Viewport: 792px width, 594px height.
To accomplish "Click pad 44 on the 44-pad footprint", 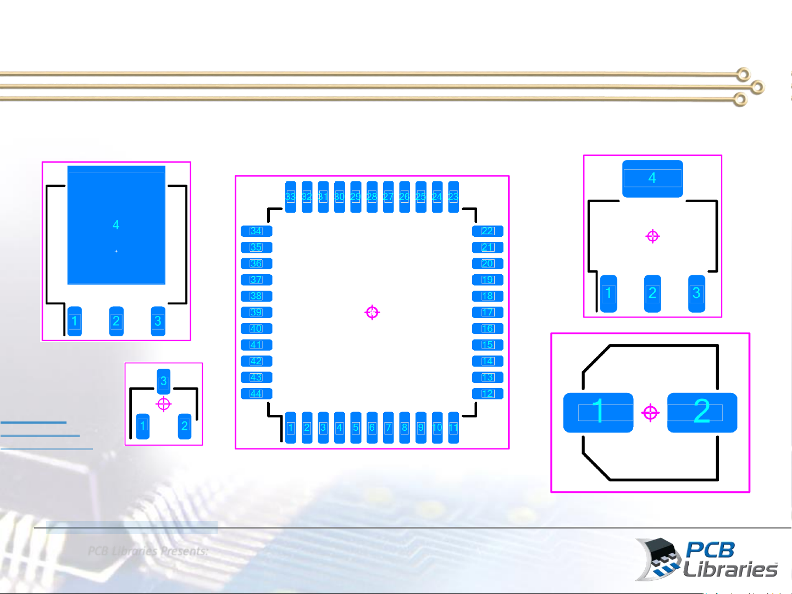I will (x=256, y=393).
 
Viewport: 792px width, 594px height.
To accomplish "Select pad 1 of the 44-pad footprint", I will (x=291, y=428).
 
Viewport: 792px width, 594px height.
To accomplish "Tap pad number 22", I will (x=488, y=231).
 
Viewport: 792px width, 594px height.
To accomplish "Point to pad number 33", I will (x=291, y=197).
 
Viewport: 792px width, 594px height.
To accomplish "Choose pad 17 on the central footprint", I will (x=488, y=312).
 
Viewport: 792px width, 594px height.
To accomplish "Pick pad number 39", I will (x=256, y=312).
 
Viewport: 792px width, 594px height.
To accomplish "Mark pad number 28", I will (x=372, y=197).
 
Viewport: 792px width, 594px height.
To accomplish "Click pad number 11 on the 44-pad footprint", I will (x=453, y=428).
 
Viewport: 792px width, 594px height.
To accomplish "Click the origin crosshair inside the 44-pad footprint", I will (x=372, y=313).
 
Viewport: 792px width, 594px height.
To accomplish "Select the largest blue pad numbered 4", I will (x=116, y=225).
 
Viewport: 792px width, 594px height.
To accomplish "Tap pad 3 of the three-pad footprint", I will (x=163, y=381).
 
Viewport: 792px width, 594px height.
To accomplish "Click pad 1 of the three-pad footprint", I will (x=143, y=426).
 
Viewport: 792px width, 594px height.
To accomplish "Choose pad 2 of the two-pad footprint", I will (x=702, y=412).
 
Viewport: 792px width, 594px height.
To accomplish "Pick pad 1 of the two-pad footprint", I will (x=598, y=412).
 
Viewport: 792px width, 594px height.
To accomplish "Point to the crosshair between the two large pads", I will (x=650, y=412).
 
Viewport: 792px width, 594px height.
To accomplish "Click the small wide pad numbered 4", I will (x=652, y=178).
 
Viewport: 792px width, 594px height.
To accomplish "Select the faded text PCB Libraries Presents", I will (x=148, y=551).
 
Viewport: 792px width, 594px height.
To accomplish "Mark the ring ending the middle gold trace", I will (x=757, y=87).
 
